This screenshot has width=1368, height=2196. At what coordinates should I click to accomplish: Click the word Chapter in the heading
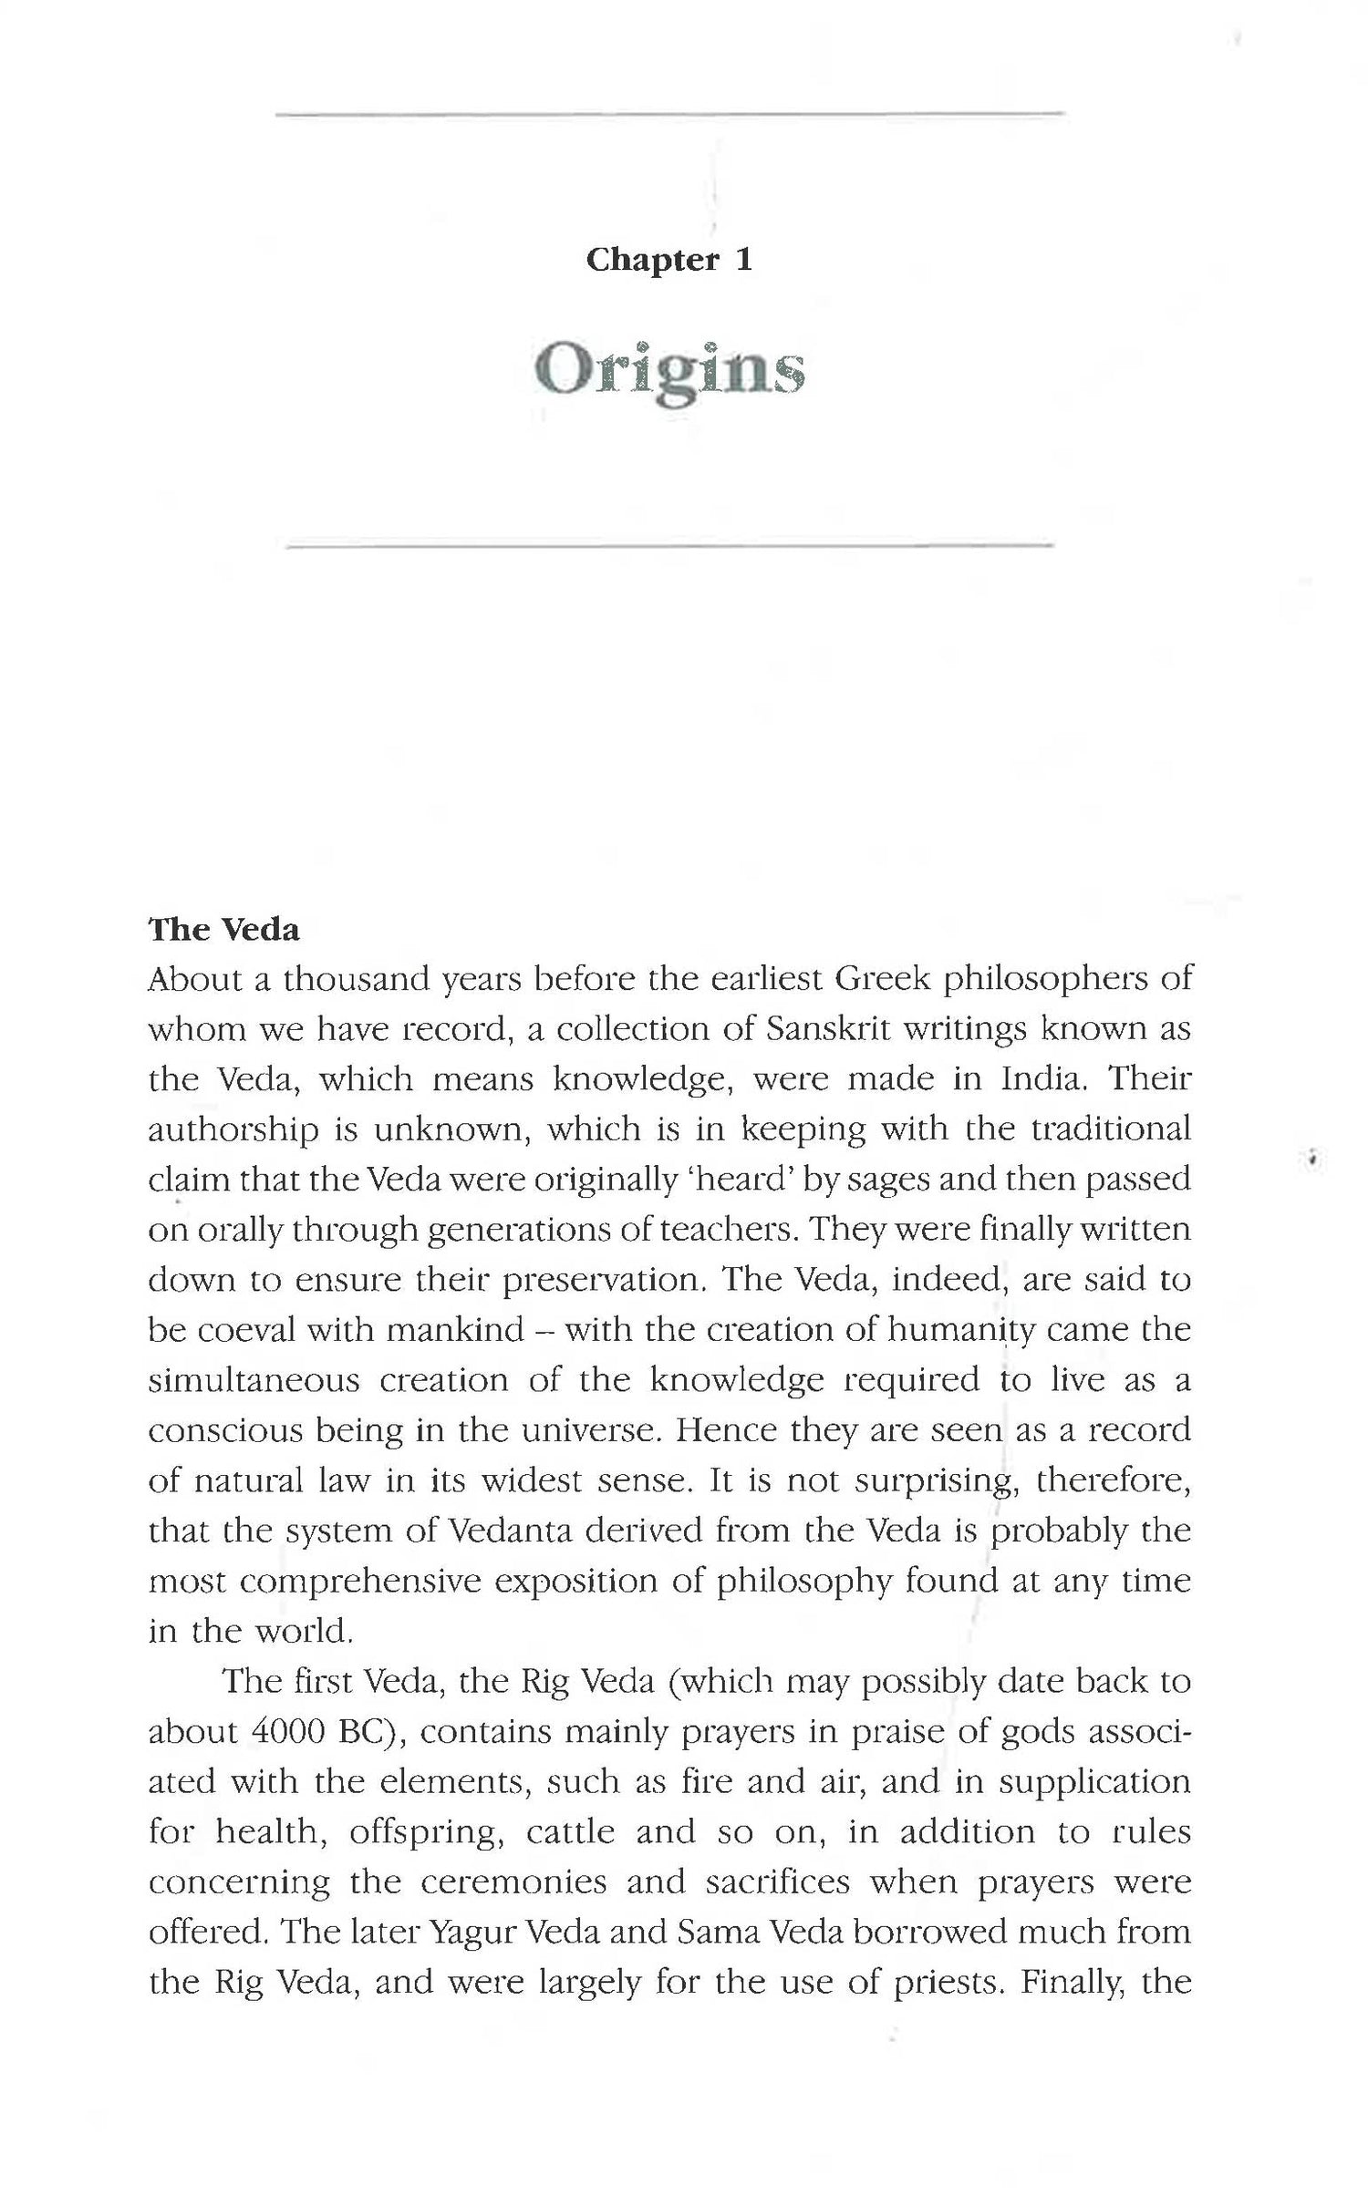point(652,260)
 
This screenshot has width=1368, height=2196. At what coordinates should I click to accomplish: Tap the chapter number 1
point(744,260)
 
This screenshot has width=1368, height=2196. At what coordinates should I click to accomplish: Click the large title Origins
point(669,371)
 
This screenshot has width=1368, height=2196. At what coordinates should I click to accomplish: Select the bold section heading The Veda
point(223,929)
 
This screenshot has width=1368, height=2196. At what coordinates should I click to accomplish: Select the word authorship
point(233,1129)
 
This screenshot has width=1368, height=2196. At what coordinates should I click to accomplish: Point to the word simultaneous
point(254,1379)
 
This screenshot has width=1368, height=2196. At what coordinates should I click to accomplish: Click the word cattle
point(570,1831)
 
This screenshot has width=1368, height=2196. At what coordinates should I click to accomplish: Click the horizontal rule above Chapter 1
point(669,114)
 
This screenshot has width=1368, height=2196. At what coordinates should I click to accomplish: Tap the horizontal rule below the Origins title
point(669,546)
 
